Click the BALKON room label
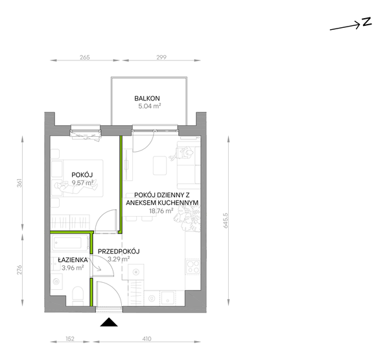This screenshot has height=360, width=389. coord(147,99)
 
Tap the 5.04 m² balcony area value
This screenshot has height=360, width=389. coord(150,106)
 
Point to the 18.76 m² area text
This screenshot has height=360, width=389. coord(161,211)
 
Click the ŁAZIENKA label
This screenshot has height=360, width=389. coord(73,259)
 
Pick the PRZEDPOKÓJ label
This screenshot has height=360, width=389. coord(119,252)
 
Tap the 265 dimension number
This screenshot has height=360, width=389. coord(84,57)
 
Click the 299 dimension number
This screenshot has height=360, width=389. coord(161,57)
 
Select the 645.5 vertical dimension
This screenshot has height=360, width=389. coord(226,221)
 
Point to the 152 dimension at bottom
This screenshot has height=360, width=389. coord(70,339)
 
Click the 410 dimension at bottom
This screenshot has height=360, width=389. coord(147,339)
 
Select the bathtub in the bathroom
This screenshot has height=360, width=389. coord(71,243)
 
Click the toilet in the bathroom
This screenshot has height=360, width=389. coord(78,295)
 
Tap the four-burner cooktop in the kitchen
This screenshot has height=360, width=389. coord(193,267)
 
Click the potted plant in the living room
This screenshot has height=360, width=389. coord(187,219)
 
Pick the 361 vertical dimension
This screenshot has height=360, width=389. coord(19,183)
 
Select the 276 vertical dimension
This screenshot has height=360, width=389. coord(19,270)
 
